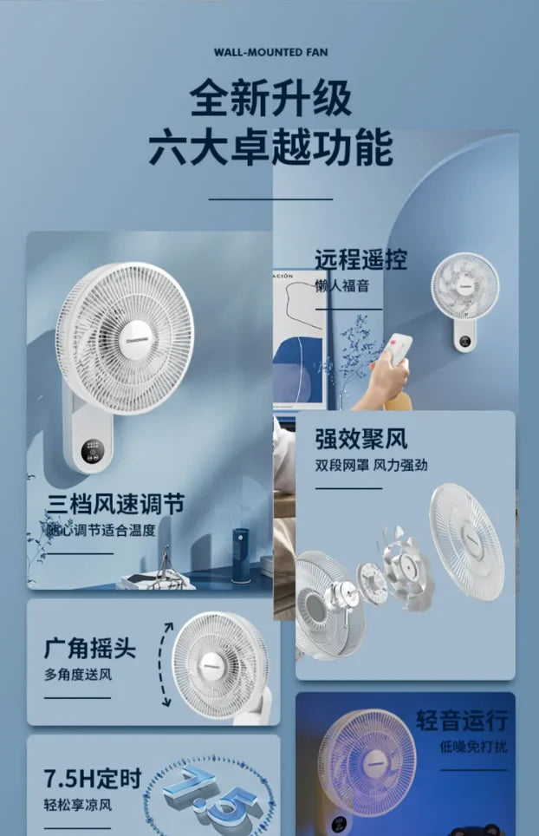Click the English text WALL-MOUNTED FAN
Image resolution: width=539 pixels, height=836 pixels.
(x=270, y=52)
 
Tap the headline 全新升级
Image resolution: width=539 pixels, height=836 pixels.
(x=270, y=98)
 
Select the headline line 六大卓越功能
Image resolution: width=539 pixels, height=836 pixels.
(x=270, y=147)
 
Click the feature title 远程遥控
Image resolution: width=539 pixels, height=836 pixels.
(x=360, y=259)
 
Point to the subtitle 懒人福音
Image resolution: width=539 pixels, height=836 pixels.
(x=341, y=286)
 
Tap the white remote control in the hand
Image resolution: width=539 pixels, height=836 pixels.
(x=398, y=349)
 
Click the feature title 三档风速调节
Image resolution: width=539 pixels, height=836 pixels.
(x=115, y=504)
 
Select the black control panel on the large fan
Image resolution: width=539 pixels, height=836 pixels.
(x=93, y=452)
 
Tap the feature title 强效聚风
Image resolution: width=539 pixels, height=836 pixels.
(x=360, y=439)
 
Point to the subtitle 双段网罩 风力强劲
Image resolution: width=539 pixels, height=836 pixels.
(x=371, y=465)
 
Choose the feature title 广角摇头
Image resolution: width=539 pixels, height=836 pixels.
(x=89, y=648)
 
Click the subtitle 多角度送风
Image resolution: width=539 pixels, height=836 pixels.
(x=78, y=675)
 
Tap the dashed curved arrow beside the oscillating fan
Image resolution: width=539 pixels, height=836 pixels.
(x=161, y=664)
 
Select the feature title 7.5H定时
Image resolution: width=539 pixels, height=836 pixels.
(x=93, y=779)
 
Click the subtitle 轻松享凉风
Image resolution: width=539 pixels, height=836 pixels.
(x=78, y=805)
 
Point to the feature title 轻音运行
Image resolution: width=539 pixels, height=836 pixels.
(x=462, y=720)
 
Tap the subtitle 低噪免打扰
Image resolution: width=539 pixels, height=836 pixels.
(x=473, y=747)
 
